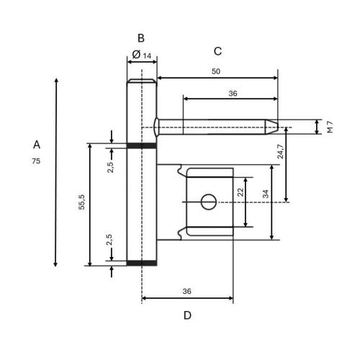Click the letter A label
[36, 145]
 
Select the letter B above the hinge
[141, 37]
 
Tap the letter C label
[217, 51]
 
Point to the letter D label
[187, 315]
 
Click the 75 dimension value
[36, 161]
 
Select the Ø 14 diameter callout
[142, 55]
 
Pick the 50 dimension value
[216, 71]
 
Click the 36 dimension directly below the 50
[232, 93]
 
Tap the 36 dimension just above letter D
[186, 292]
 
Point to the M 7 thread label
[330, 127]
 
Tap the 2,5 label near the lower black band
[110, 240]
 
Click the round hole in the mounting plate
[209, 202]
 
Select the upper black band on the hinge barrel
[142, 146]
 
